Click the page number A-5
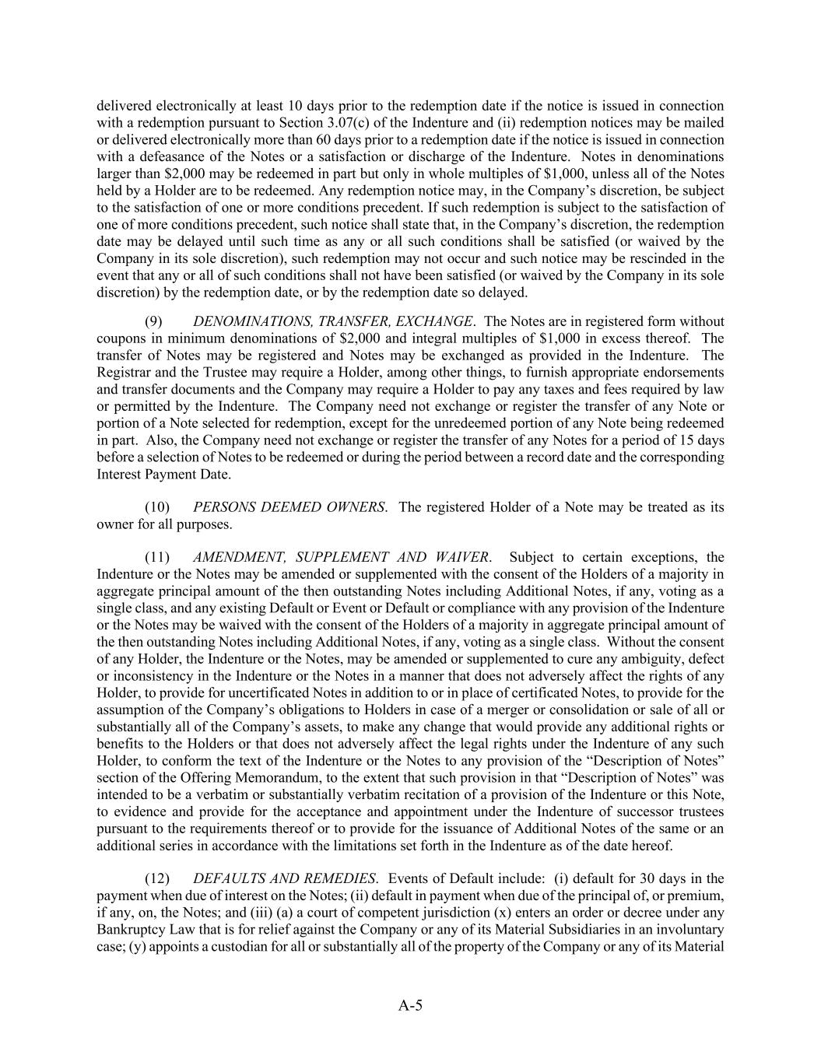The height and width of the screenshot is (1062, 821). [x=410, y=1005]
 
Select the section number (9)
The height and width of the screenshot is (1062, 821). [x=154, y=321]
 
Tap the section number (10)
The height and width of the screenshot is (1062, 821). [x=157, y=507]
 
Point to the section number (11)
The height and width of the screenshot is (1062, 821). [x=157, y=557]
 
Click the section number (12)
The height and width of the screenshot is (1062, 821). [x=157, y=878]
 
